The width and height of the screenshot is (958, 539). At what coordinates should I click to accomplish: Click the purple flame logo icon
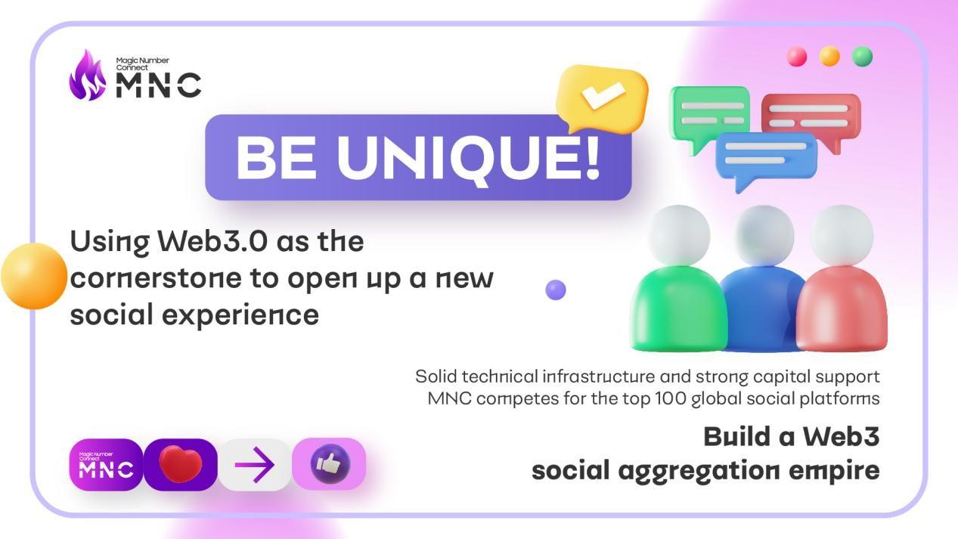click(x=88, y=76)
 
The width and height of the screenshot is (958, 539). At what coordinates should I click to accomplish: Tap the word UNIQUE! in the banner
click(x=468, y=157)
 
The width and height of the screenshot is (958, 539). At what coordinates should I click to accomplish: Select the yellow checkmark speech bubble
click(x=602, y=98)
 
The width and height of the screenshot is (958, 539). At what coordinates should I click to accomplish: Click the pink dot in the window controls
click(x=797, y=57)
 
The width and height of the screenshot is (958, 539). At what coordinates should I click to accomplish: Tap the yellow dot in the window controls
click(x=829, y=57)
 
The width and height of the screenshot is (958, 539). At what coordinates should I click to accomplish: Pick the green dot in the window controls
click(x=862, y=57)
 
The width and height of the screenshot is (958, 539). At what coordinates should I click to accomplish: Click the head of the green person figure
click(x=679, y=235)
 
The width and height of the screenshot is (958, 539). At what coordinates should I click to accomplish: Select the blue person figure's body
click(x=761, y=308)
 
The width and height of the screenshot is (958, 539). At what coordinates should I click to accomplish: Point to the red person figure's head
click(x=842, y=235)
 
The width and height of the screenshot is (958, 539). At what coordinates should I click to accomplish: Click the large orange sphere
click(x=34, y=276)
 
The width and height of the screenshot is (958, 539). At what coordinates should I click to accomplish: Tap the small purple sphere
click(x=556, y=290)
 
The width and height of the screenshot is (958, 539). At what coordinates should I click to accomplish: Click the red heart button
click(x=180, y=465)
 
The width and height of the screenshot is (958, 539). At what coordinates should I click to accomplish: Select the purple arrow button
click(x=255, y=465)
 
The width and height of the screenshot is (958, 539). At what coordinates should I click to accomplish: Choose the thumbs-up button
click(x=329, y=464)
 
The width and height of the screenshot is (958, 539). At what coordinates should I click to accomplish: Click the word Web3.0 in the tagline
click(x=212, y=241)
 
